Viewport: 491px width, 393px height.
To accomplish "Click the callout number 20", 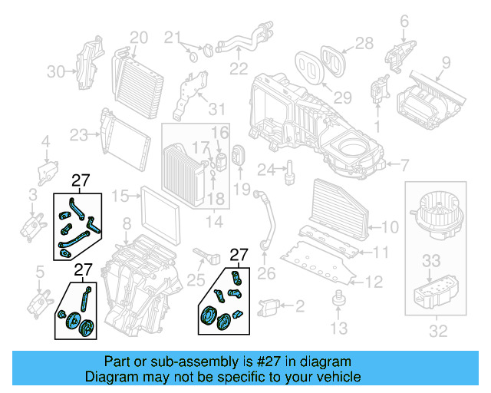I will (138, 37).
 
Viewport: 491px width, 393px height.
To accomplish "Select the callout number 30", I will (55, 71).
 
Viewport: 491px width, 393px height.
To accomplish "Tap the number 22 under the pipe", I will (239, 68).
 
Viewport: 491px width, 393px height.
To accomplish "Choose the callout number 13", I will (338, 329).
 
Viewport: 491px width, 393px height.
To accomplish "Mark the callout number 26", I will (266, 272).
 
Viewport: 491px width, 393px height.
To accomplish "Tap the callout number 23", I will (78, 136).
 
